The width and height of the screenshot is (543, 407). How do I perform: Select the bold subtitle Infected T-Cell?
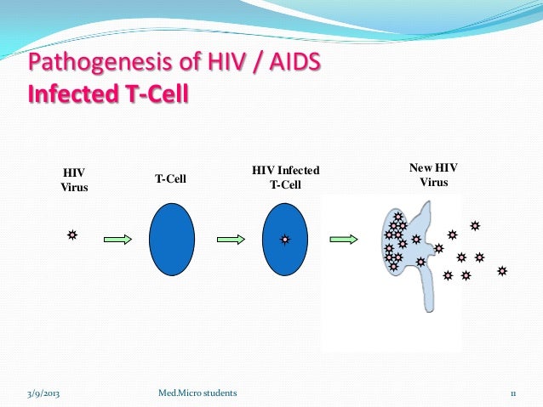click(x=108, y=91)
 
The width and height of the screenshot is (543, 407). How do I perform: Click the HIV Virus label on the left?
click(x=74, y=179)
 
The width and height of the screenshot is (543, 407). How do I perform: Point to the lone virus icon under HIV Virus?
click(x=73, y=234)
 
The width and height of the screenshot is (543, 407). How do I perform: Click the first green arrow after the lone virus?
click(x=117, y=240)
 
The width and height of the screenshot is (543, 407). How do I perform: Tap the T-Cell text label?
click(x=170, y=179)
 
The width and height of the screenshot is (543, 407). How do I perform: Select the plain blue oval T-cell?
click(x=172, y=240)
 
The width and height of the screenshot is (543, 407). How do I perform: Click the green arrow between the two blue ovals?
click(x=231, y=240)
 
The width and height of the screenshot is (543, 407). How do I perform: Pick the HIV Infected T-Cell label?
click(x=285, y=179)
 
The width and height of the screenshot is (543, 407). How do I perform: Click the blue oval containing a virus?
click(x=285, y=240)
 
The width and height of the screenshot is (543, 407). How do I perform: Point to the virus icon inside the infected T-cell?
click(x=285, y=240)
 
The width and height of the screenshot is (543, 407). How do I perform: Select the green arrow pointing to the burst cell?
click(x=344, y=240)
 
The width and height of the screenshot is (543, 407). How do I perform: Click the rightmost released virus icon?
click(x=502, y=271)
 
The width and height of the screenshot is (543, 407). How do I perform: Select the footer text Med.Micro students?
click(x=198, y=393)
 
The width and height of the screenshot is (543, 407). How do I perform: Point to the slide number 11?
click(x=514, y=393)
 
